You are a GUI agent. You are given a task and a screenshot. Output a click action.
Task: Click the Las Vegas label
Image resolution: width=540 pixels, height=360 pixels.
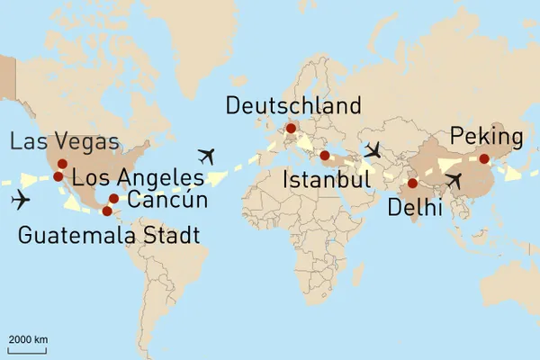pos(64,141)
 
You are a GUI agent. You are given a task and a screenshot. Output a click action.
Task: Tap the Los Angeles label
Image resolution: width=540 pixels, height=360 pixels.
pos(138,175)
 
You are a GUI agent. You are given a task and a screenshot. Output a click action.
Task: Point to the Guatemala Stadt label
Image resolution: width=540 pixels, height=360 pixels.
pos(109,237)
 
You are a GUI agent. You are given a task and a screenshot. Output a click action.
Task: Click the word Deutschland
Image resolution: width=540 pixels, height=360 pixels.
pos(293,106)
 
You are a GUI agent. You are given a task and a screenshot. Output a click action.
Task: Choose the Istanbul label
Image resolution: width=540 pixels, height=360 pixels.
pos(327,180)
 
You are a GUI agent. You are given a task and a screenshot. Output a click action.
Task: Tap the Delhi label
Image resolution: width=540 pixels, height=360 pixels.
pos(415,209)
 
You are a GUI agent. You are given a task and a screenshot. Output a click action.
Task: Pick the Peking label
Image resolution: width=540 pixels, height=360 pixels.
pos(486,137)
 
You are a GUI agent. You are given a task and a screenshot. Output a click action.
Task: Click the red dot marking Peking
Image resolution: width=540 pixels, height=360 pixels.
pos(484,159)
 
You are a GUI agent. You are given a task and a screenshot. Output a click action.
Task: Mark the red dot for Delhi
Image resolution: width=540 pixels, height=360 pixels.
pos(412,184)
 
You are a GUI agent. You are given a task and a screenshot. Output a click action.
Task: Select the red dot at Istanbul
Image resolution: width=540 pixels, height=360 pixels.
pos(324,155)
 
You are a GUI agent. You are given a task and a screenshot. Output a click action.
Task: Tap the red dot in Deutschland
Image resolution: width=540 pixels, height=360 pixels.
pos(290,128)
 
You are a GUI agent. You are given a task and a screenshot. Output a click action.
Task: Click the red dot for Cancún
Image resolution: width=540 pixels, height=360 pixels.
pos(113,199)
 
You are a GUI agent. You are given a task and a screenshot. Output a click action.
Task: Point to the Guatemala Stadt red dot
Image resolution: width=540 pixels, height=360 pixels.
pos(107,211)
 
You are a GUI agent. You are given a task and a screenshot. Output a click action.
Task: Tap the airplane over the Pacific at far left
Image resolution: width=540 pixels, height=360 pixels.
pos(20,199)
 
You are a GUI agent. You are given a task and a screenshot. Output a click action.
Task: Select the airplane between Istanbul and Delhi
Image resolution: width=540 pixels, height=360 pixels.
pos(373,149)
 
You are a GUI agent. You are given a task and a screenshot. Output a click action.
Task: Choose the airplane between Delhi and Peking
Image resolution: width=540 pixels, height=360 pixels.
pos(454,182)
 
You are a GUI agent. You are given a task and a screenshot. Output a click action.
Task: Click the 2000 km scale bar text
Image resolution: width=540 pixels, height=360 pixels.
pos(28,338)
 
